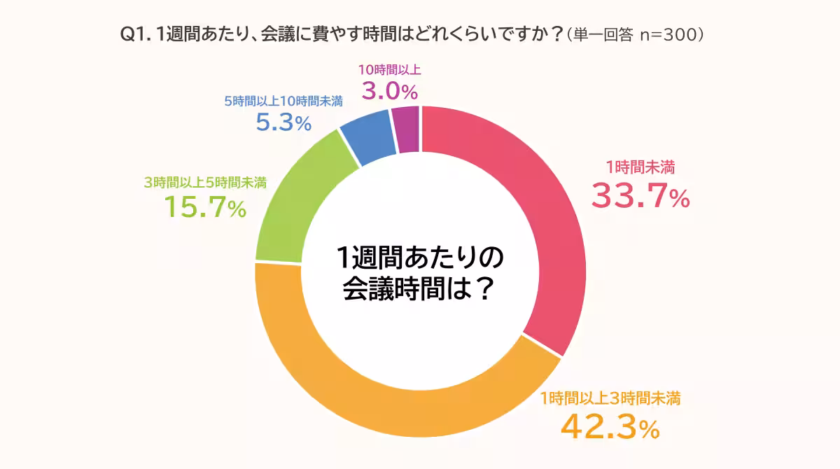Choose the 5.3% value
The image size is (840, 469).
tap(283, 123)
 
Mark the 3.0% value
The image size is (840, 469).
tap(389, 91)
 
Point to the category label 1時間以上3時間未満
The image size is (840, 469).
tap(610, 399)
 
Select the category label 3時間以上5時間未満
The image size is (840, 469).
tap(205, 183)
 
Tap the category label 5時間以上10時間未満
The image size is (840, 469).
tap(283, 101)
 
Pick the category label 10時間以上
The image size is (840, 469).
tap(389, 69)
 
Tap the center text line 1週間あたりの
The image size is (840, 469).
tap(420, 258)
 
